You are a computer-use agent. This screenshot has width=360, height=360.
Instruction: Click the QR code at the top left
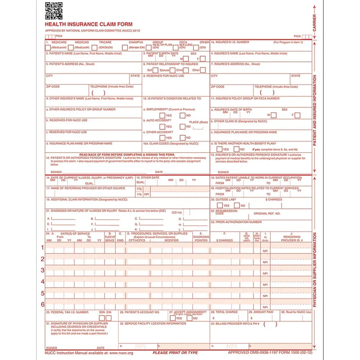[54, 11]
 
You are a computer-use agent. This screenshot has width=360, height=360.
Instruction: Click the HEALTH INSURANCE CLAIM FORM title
[88, 24]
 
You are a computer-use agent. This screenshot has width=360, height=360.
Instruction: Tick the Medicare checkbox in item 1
[48, 48]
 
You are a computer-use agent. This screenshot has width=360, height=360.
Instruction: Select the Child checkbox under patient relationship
[186, 70]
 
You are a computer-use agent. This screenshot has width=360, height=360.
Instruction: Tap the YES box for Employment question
[162, 116]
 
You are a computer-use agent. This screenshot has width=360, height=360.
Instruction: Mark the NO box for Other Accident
[183, 138]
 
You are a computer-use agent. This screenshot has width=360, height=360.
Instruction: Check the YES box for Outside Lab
[220, 206]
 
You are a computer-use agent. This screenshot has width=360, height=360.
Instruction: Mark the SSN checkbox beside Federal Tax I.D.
[102, 318]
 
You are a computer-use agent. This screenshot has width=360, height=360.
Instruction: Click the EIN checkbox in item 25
[108, 318]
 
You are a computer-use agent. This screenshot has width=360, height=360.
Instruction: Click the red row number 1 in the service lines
[42, 247]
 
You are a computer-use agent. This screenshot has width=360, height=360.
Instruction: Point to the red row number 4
[42, 282]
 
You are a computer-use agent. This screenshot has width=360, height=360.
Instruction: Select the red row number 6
[42, 305]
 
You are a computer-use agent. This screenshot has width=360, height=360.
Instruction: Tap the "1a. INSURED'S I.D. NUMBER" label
[230, 42]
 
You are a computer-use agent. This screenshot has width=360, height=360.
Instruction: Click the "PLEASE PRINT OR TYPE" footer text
[175, 353]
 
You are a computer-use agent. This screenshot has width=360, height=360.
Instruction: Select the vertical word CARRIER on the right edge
[315, 22]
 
